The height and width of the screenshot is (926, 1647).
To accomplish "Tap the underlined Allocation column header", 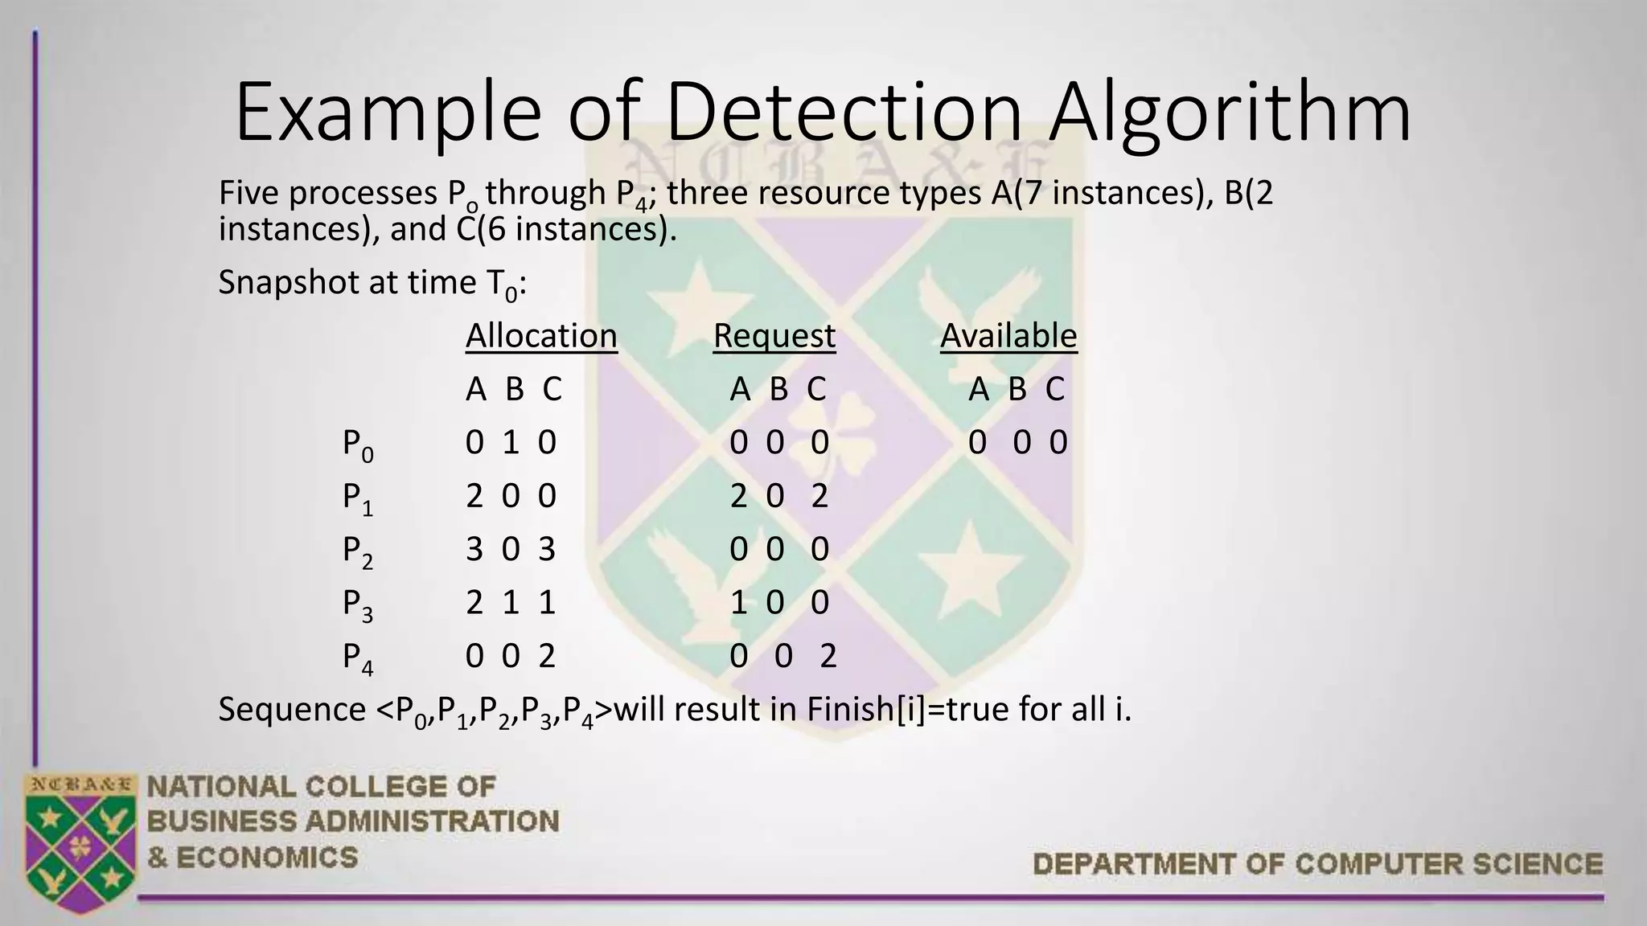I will point(541,335).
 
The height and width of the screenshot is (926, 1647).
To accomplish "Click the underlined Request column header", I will point(774,335).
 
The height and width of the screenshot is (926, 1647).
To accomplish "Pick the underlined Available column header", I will point(1008,335).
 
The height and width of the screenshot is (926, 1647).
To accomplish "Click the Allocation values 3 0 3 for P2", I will point(511,549).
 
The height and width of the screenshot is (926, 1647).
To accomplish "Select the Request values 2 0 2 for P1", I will point(778,496).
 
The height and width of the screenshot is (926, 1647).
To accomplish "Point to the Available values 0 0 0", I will point(1017,442).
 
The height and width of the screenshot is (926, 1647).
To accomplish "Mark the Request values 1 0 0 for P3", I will point(778,602).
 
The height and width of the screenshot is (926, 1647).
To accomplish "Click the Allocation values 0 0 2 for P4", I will point(511,656).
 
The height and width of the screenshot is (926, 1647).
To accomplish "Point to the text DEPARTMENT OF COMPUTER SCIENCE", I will point(1317,864).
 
